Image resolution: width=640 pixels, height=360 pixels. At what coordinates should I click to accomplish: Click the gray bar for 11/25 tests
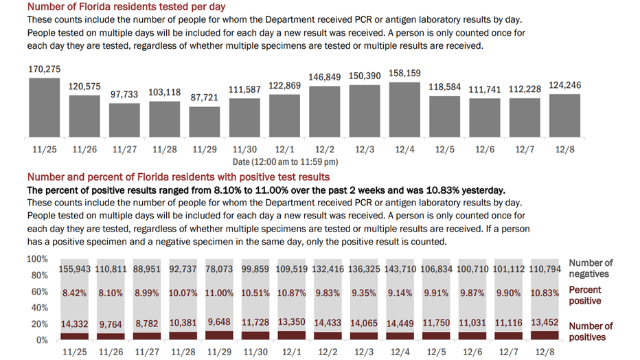coord(45,107)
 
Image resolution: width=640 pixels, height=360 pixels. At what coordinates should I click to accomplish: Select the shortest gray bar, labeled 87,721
coord(205,122)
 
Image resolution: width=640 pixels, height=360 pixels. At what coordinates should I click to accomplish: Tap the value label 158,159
coord(404,74)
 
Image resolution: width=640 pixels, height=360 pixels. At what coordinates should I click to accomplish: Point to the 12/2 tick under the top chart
coord(325,149)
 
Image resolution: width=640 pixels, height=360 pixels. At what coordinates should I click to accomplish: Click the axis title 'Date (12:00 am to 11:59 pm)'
coord(285,162)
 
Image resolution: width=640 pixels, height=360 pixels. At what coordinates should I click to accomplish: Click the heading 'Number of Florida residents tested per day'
coord(126,7)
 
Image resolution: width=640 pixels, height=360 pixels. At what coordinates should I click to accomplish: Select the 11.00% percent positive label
coord(219,293)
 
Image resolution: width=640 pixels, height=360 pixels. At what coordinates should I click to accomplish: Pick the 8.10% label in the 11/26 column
coord(111,293)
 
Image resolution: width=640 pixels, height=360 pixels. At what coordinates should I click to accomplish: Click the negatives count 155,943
coord(75,269)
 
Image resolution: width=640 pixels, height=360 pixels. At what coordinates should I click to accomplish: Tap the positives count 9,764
coord(111,324)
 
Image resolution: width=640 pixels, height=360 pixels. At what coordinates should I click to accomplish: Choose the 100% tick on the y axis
coord(37,259)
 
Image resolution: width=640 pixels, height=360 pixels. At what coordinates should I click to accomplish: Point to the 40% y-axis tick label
coord(40,308)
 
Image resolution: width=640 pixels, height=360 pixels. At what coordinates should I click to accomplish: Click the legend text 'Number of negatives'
coord(591,268)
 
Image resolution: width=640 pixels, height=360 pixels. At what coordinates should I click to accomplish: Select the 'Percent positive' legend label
coord(585,295)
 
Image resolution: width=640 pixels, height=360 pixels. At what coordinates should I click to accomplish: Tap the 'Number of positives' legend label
coord(591,331)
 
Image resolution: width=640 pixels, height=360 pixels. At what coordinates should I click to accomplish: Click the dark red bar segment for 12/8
coord(545,335)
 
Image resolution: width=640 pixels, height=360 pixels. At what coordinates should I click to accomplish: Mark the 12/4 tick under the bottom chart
coord(400,352)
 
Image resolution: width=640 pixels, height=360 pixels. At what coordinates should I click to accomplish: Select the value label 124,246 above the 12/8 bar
coord(565,85)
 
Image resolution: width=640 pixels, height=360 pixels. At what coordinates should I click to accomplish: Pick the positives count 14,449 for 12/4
coord(400,324)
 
